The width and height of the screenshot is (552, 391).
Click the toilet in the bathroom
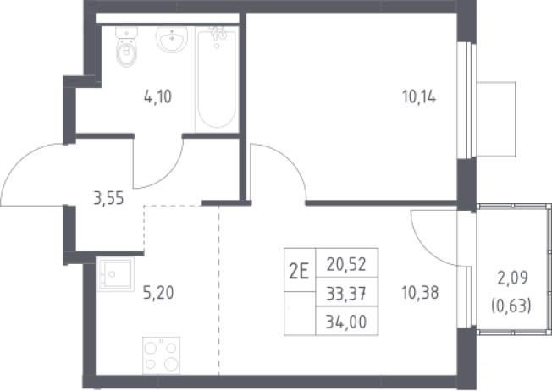127,47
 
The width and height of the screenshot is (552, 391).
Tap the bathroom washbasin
172,40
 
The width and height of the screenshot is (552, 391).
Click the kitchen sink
115,274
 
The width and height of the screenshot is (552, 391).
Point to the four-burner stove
161,355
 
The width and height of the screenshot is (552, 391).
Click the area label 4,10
157,96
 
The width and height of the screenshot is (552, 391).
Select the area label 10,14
419,96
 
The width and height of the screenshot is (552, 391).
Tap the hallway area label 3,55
108,198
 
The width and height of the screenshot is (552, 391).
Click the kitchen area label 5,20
158,293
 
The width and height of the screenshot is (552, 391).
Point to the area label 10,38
420,293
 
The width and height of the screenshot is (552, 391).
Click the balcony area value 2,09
512,278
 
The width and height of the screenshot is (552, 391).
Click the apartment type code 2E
299,272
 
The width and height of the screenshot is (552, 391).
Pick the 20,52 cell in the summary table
346,264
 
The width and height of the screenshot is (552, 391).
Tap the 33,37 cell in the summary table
346,293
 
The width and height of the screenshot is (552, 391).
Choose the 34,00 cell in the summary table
346,322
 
